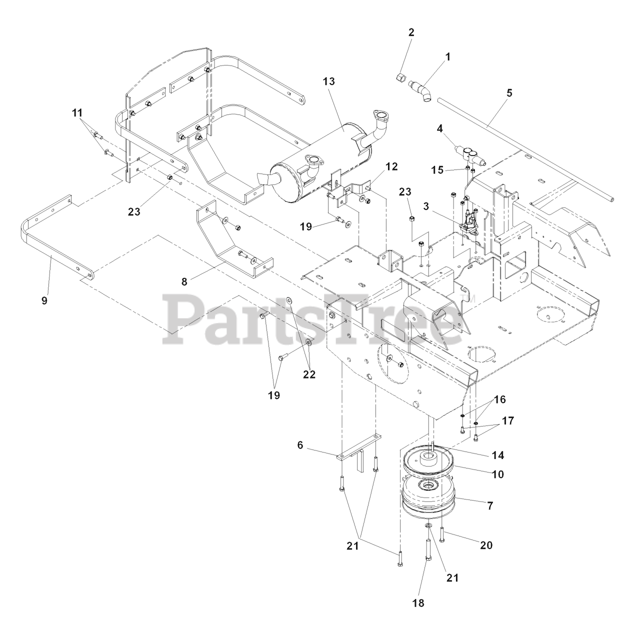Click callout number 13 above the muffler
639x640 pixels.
(x=328, y=81)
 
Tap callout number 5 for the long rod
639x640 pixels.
(x=509, y=92)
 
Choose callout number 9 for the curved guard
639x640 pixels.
(x=44, y=300)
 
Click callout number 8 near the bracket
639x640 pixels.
(x=184, y=281)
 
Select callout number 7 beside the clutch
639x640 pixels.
(x=490, y=505)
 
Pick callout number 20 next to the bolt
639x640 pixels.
(x=486, y=545)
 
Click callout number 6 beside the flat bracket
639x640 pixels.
(x=300, y=445)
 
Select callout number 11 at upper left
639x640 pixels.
(x=77, y=113)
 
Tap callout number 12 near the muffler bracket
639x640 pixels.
(x=391, y=166)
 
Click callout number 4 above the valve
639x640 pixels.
(x=439, y=128)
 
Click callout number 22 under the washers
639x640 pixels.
(x=309, y=374)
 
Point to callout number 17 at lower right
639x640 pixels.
(x=508, y=421)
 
